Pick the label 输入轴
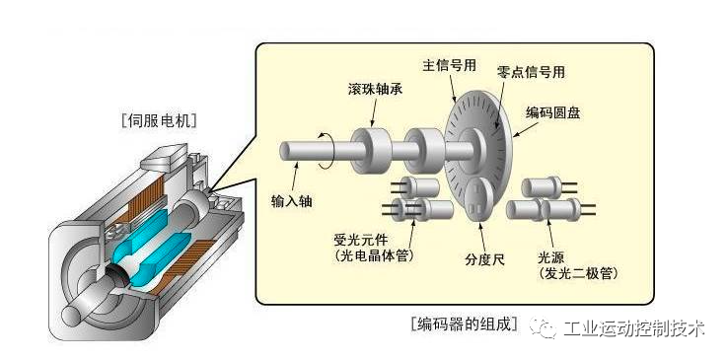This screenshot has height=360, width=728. (291, 200)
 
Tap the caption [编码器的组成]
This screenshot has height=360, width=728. (462, 324)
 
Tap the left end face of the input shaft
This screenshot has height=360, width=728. (286, 153)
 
